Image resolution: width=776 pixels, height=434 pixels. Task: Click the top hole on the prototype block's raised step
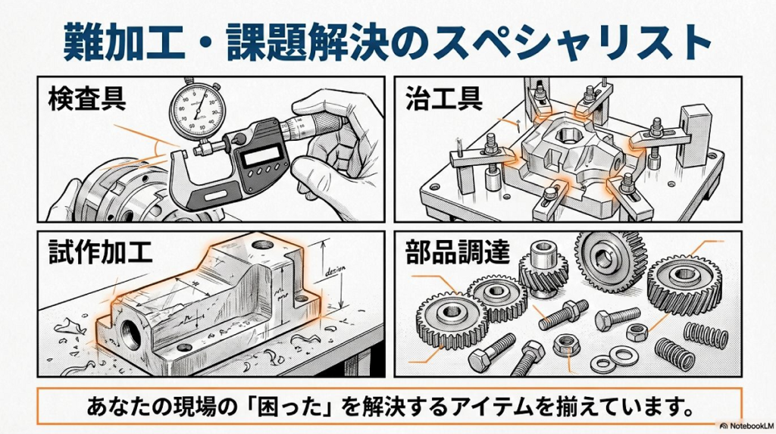pos(262,245)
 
